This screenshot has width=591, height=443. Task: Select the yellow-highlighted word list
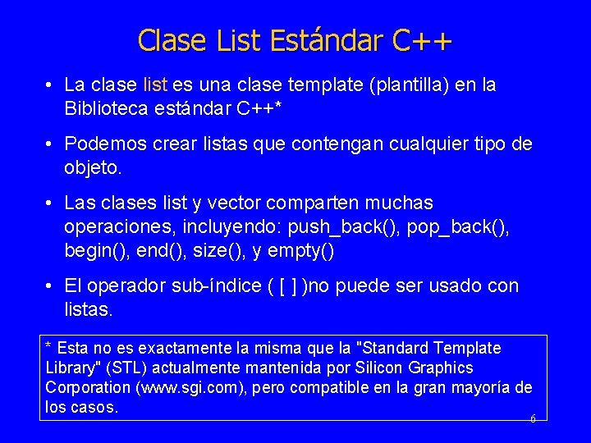(x=156, y=85)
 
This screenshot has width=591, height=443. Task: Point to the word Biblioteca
(x=105, y=108)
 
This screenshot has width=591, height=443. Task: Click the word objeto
(x=92, y=168)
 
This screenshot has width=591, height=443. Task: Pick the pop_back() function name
(x=460, y=226)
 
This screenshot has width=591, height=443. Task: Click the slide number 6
(x=533, y=418)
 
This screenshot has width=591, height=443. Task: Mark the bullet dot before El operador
(x=51, y=285)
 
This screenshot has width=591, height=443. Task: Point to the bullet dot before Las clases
(x=51, y=203)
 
